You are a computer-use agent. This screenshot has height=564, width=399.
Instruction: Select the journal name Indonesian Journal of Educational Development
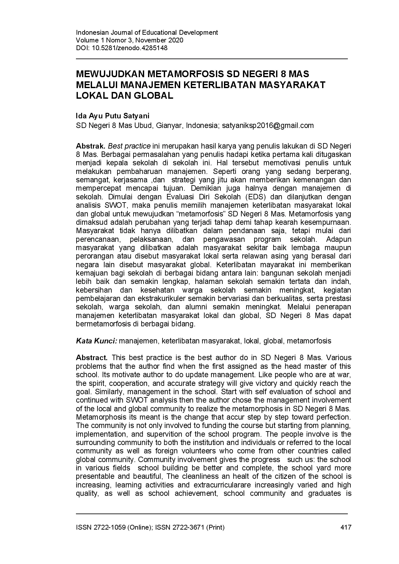pyautogui.click(x=147, y=32)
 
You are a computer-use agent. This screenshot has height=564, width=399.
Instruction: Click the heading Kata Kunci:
pyautogui.click(x=96, y=341)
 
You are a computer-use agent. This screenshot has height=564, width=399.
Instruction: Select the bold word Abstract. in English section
pyautogui.click(x=92, y=358)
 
